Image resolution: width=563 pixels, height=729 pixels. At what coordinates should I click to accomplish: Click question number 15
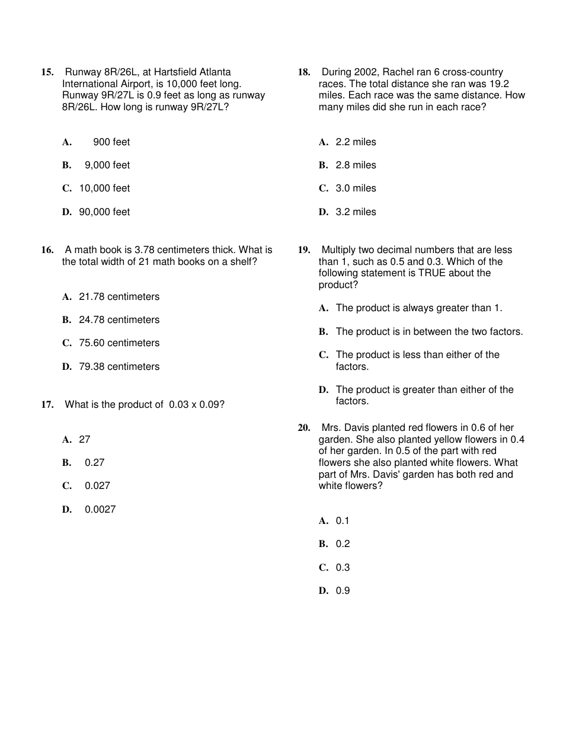tap(47, 72)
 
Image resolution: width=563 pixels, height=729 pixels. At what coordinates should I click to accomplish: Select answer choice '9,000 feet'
tap(107, 165)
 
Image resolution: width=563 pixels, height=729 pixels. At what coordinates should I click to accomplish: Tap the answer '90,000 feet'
tap(104, 212)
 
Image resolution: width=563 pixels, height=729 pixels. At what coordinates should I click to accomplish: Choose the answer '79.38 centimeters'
tap(119, 367)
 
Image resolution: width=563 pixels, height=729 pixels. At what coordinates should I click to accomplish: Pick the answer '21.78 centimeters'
tap(119, 297)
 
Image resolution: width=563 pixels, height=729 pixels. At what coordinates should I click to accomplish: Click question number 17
tap(47, 405)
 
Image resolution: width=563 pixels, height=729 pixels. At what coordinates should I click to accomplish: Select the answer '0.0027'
tap(100, 510)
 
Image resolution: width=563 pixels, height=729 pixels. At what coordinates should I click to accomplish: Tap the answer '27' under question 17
tap(84, 440)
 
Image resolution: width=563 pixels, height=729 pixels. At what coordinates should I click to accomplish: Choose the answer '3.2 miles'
tap(356, 212)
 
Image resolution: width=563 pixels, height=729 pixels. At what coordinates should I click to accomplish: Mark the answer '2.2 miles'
tap(356, 142)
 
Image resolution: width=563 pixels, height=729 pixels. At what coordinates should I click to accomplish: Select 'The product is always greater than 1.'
tap(418, 308)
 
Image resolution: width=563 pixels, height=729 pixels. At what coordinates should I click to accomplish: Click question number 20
tap(303, 428)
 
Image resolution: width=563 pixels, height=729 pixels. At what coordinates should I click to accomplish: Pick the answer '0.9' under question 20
tap(343, 591)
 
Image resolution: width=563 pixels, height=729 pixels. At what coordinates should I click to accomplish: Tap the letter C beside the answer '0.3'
tap(324, 568)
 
